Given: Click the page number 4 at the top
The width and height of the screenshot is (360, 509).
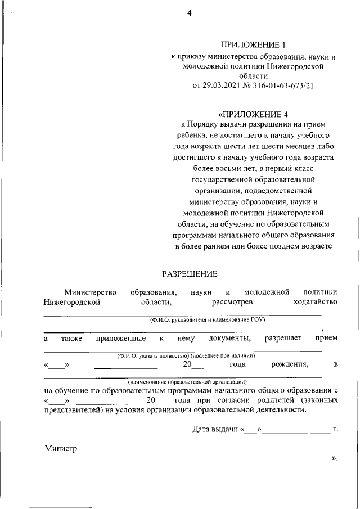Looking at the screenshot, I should (x=190, y=15).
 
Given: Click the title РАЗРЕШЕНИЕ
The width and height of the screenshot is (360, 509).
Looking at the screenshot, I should (x=190, y=274).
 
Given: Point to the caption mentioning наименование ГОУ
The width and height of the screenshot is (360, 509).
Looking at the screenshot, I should (x=207, y=320).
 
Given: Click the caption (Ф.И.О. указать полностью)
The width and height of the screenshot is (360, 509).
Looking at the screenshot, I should (x=186, y=356).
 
